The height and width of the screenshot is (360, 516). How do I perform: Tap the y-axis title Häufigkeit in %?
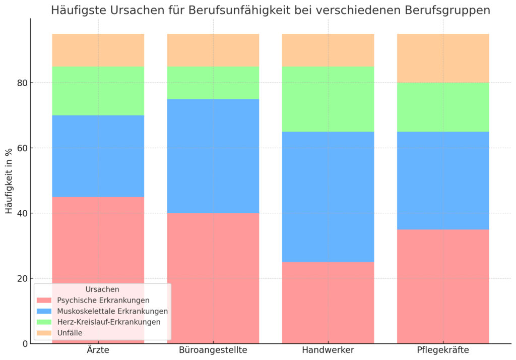(9, 181)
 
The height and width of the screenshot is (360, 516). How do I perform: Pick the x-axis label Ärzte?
(98, 350)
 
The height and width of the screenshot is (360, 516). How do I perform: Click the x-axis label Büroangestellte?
(213, 350)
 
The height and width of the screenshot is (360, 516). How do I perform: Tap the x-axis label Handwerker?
(328, 350)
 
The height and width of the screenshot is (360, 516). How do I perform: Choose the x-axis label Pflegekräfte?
(443, 350)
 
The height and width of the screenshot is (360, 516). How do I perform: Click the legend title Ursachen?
(102, 289)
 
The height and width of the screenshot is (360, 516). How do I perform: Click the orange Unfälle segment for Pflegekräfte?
(443, 58)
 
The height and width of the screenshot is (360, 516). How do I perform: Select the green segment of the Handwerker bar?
(328, 99)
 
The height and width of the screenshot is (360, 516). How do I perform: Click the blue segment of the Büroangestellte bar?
(213, 156)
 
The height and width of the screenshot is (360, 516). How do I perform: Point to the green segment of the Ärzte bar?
(98, 91)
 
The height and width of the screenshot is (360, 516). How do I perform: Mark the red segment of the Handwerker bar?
(328, 303)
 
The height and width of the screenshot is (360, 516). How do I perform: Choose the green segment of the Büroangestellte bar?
(213, 83)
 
